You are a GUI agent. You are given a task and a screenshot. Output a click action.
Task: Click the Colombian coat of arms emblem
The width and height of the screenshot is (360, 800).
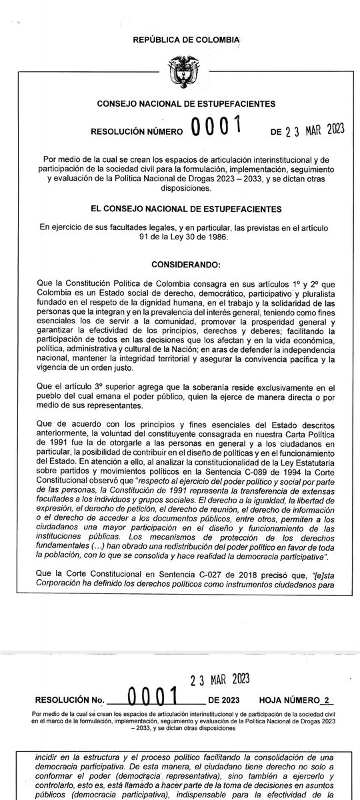click(x=181, y=71)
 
